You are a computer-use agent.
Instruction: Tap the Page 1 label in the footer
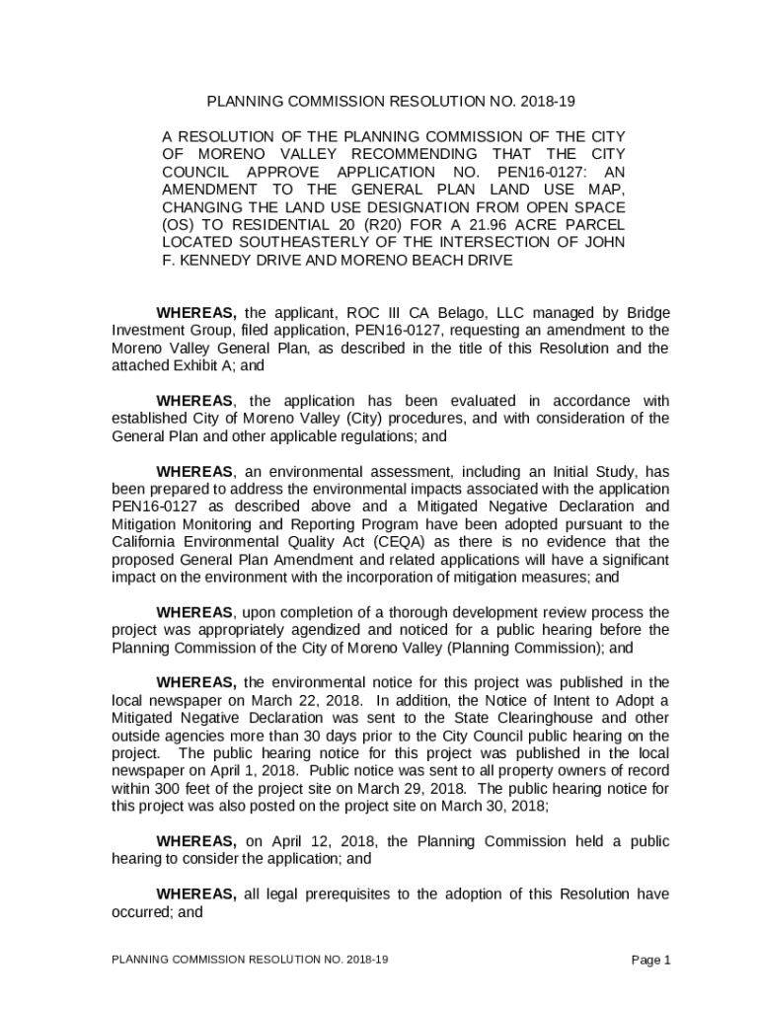coord(651,960)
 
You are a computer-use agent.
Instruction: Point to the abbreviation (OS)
coord(178,225)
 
